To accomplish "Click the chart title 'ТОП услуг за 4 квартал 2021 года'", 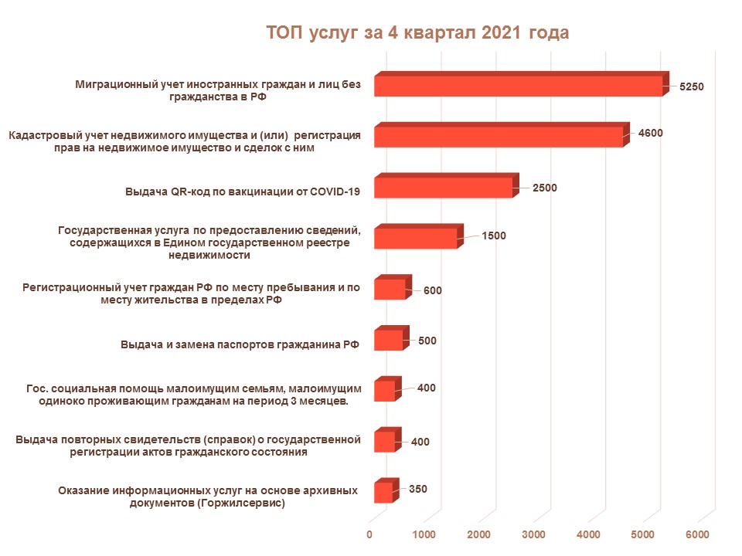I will (417, 33).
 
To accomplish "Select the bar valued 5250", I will (518, 86).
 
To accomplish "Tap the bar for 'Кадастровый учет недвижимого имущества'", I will (498, 137).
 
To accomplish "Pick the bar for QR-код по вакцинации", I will (443, 188).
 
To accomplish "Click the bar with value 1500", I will (415, 239).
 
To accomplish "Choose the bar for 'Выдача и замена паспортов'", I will (388, 341).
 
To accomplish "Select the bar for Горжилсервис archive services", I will (383, 493).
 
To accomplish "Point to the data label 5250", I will (691, 87).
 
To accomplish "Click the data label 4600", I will (650, 133).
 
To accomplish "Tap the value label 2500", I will (544, 188).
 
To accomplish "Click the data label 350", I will (418, 489).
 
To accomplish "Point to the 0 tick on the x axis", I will (369, 534).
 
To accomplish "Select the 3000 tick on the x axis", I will (534, 534).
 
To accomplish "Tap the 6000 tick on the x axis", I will (698, 534).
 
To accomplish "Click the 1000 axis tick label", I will (424, 534).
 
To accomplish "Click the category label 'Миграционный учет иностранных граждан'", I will (218, 90).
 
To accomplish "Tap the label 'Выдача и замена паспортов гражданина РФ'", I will (240, 344).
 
